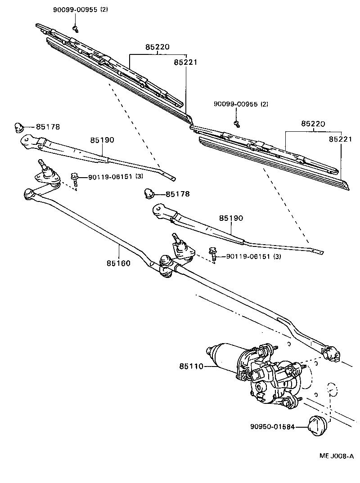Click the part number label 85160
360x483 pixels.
119,263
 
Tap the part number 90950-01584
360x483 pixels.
272,426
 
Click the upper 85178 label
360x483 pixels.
48,127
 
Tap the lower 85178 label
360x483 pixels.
178,194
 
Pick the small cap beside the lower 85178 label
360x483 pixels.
149,193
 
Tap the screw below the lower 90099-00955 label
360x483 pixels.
236,123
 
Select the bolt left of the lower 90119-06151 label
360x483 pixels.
213,256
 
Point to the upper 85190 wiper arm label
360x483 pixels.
102,140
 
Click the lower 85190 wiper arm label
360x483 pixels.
231,218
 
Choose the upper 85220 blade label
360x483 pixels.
157,47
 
